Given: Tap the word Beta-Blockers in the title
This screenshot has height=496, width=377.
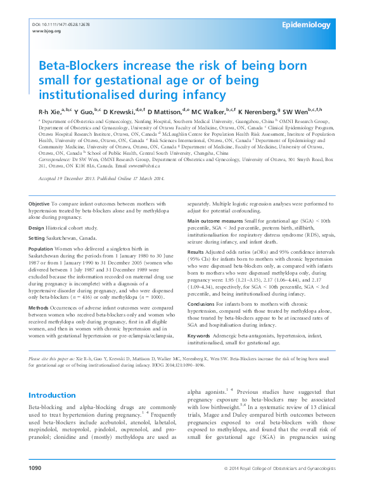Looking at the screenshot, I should coord(77,65).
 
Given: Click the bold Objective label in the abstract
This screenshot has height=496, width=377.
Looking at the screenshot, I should coord(41,203).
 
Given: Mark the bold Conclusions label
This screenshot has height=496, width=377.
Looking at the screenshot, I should coord(202,304).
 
